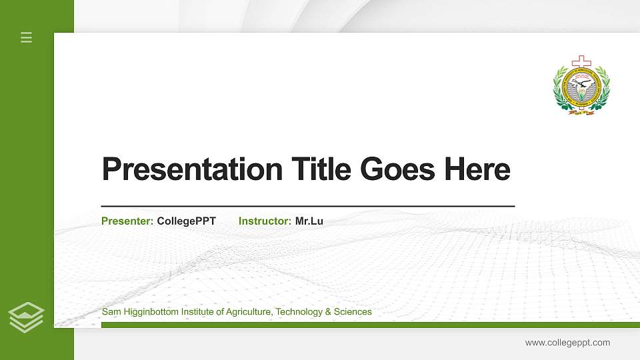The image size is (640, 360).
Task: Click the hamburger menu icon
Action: (27, 37)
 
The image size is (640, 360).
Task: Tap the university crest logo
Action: (581, 87)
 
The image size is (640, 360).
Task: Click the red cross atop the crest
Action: (581, 61)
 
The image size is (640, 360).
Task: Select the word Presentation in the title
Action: (192, 169)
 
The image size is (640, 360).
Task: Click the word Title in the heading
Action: (321, 169)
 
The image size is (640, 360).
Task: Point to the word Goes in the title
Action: (398, 169)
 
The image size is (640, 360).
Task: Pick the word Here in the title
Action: (477, 169)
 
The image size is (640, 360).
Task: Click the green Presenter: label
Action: (127, 221)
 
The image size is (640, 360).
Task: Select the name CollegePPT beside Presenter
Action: (187, 221)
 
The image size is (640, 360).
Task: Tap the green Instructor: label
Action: (265, 221)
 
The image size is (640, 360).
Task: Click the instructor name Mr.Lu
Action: (309, 221)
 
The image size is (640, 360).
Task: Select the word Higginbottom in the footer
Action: (150, 312)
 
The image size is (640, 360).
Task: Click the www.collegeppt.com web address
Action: (567, 343)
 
